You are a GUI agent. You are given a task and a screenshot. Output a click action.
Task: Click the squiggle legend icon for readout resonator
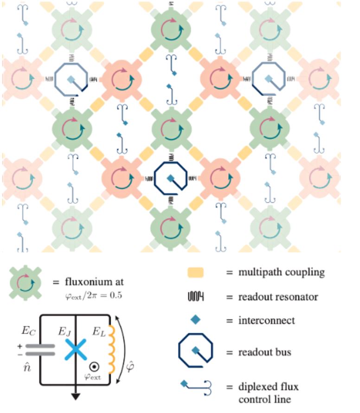(x=195, y=296)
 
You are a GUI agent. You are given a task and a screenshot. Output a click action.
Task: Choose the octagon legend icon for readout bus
(x=196, y=352)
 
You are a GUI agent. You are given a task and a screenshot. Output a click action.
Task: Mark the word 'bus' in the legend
(x=283, y=352)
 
